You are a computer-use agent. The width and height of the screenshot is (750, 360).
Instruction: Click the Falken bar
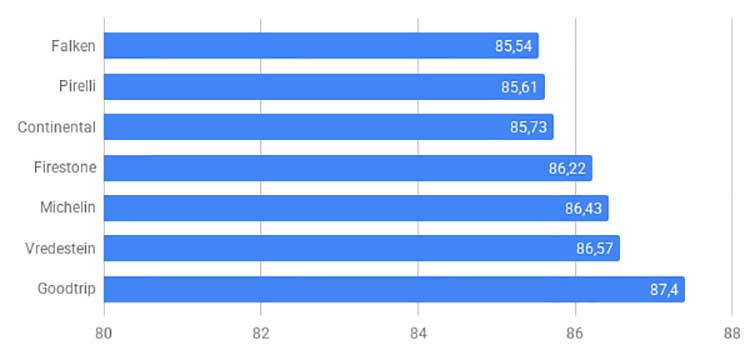(321, 45)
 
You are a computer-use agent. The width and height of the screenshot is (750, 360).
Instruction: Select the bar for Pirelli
(324, 87)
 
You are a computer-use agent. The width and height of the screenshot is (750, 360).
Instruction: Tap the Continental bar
(329, 127)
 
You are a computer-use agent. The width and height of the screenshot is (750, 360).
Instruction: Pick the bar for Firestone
(348, 168)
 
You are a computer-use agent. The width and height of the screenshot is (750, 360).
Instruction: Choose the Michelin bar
(356, 208)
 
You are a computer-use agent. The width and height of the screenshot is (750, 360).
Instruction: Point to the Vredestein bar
(362, 248)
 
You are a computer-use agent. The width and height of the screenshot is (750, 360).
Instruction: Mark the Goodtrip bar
(394, 289)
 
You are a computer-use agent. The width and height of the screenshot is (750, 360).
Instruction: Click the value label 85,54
(513, 46)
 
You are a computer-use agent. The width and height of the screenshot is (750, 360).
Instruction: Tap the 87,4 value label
(664, 290)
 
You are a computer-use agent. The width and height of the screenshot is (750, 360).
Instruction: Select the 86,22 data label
(567, 169)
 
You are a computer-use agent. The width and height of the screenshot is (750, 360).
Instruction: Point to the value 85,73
(528, 128)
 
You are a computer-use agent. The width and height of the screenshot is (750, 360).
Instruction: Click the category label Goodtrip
(67, 290)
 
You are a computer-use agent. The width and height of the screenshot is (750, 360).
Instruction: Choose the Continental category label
(57, 127)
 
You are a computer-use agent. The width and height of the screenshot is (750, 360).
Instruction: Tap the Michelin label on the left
(68, 207)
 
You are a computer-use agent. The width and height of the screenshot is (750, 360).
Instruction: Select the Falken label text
(74, 46)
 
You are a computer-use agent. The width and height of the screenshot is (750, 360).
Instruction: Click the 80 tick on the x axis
(104, 334)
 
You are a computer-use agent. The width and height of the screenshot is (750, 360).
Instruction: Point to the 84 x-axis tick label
(418, 334)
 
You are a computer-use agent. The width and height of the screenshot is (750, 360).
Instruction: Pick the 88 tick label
(732, 334)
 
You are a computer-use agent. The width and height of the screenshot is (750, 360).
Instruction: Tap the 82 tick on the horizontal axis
(261, 334)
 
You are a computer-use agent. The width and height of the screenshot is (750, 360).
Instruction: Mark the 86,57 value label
(595, 249)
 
